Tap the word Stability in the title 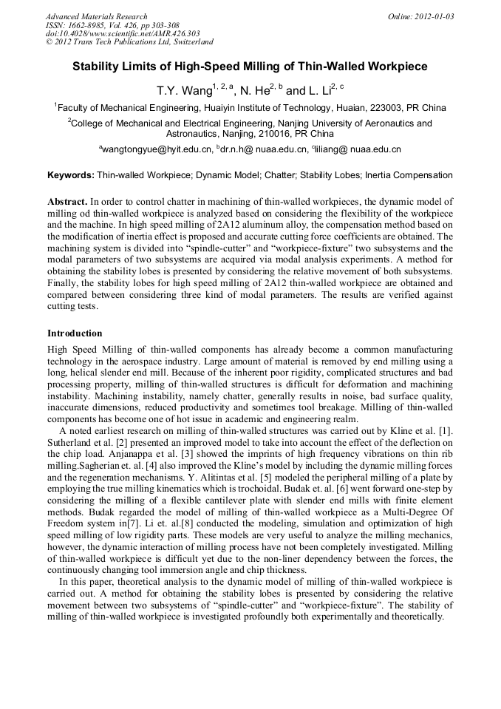[98, 67]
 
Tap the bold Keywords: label [71, 176]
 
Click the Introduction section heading [75, 333]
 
